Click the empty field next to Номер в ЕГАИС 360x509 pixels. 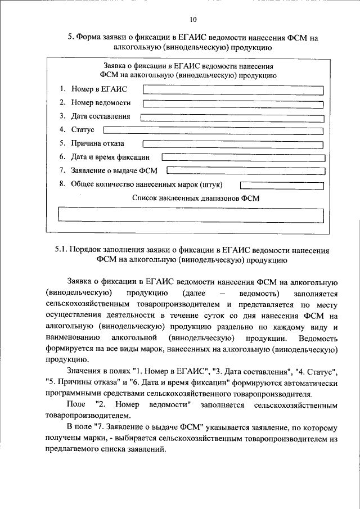point(233,89)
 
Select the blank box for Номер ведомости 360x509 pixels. point(233,103)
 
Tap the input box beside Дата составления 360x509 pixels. point(232,118)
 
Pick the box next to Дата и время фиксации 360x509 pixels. point(243,158)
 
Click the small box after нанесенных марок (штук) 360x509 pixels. point(281,184)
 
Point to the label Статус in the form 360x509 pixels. point(82,130)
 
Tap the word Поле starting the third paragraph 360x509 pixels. point(75,404)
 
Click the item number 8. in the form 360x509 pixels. point(62,184)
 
